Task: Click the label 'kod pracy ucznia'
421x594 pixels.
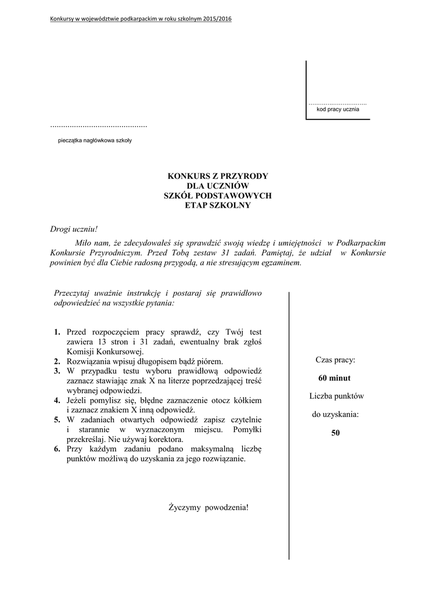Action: coord(337,109)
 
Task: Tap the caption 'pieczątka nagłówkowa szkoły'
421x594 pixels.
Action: coord(95,140)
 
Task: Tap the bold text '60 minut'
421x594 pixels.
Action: coord(334,378)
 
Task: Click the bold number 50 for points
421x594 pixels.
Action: coord(335,433)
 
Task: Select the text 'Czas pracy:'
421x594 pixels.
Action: coord(335,360)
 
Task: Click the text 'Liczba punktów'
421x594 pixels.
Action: coord(336,396)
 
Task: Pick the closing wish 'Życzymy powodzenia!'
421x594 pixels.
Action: coord(208,508)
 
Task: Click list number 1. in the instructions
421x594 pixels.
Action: coord(57,332)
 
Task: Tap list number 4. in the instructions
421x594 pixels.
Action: coord(57,401)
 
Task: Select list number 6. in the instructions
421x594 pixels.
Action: coord(57,449)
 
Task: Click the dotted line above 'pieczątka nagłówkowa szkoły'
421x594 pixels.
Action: coord(99,126)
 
